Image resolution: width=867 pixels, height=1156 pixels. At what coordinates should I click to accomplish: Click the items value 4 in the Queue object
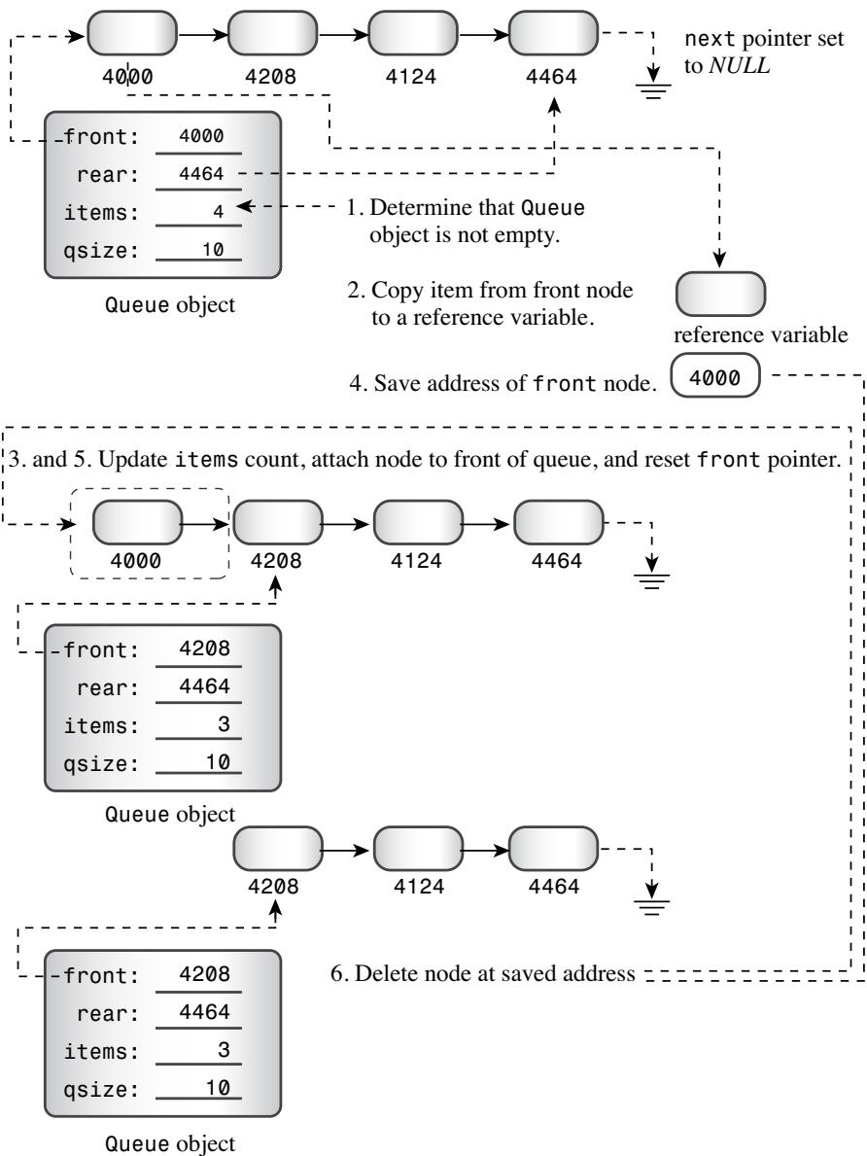coord(219,212)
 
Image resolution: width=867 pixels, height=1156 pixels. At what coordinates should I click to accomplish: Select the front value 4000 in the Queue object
coord(201,136)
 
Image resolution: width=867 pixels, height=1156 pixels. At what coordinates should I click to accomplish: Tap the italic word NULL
coord(739,65)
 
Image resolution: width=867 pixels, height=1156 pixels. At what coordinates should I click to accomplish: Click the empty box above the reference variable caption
coord(720,294)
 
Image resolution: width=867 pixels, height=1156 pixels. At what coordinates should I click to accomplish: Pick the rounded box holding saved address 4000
coord(714,376)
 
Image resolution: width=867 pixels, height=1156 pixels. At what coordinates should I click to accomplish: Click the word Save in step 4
coord(398,383)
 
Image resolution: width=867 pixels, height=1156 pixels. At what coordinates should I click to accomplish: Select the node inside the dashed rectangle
coord(137,523)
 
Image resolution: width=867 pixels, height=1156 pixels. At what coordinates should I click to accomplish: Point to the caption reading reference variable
coord(761,334)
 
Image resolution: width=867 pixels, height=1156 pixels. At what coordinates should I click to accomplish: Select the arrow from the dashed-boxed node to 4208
coord(205,524)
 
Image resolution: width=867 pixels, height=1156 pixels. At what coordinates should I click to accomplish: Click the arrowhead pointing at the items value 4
coord(245,207)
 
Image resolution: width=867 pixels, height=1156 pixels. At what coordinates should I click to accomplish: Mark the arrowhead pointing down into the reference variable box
coord(719,259)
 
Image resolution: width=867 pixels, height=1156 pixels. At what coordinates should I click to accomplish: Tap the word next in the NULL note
coord(710,39)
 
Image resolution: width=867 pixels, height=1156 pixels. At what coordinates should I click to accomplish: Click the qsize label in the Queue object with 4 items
coord(101,251)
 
